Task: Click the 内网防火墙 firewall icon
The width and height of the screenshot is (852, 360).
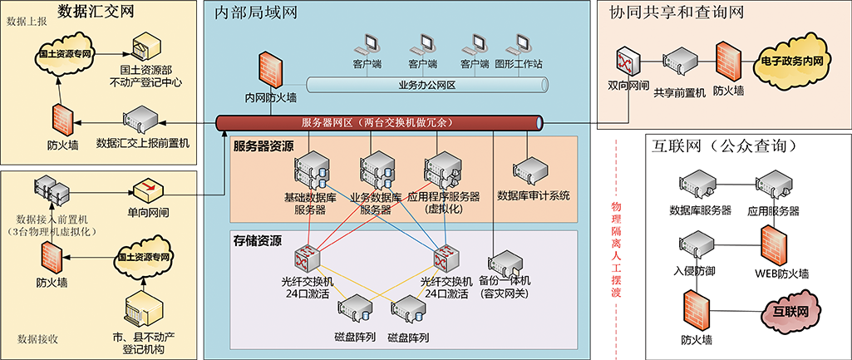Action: tap(268, 71)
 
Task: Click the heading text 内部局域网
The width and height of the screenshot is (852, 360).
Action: tap(256, 13)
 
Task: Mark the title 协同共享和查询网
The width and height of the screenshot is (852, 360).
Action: tap(676, 12)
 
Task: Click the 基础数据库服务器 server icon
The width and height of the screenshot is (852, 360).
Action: tap(311, 169)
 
